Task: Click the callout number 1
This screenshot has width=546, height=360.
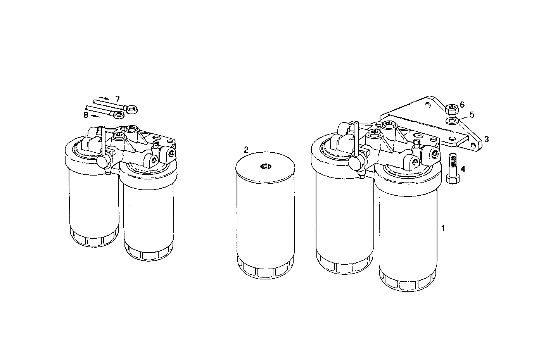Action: pos(443,228)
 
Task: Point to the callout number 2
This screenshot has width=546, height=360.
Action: pos(246,150)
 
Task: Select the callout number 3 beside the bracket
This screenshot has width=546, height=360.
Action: pos(486,138)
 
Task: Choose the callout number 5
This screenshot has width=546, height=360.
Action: pos(472,115)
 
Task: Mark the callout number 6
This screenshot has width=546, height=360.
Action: pos(461,104)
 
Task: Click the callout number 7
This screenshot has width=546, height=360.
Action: pos(117,99)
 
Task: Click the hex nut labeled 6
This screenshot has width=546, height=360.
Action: pos(451,109)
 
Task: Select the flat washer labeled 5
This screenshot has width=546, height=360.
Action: pos(452,121)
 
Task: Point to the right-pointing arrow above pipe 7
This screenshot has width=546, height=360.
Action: pos(104,97)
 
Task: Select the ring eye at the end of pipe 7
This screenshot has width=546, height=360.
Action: pos(132,110)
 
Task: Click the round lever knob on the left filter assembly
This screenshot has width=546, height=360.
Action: pos(104,161)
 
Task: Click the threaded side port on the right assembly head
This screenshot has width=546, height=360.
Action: pos(435,154)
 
